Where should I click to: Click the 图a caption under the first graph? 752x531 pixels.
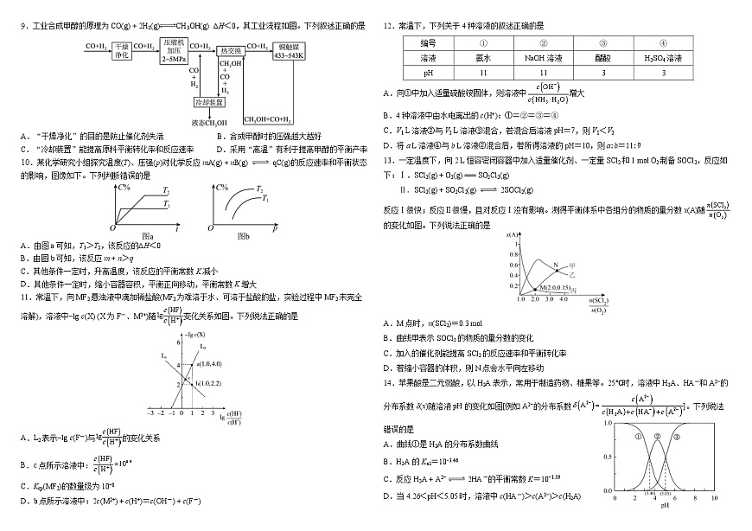point(147,236)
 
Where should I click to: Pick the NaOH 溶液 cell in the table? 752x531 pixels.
point(543,57)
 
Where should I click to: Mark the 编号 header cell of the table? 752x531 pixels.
point(428,42)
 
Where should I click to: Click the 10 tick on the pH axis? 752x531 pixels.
point(714,498)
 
